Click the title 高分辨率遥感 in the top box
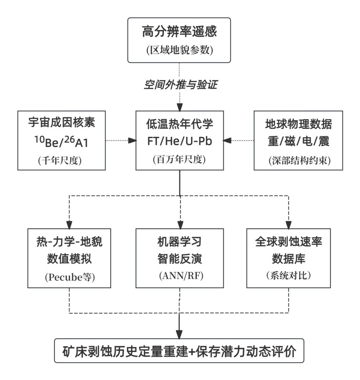(x=179, y=32)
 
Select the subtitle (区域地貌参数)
(x=179, y=50)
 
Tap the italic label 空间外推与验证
(x=180, y=85)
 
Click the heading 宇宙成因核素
(x=61, y=122)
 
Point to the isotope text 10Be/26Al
(x=61, y=142)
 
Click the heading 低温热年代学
(x=179, y=124)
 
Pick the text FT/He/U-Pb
(x=180, y=141)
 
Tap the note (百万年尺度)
(x=179, y=159)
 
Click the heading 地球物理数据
(x=298, y=124)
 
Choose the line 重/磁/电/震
(x=299, y=141)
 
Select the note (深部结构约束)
(x=299, y=160)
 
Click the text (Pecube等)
(x=70, y=277)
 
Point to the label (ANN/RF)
(x=181, y=276)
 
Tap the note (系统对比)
(x=288, y=275)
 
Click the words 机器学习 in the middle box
(x=179, y=242)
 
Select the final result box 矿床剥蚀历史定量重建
(x=179, y=351)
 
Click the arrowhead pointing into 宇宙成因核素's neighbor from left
(x=132, y=140)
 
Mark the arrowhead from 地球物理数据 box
(x=227, y=140)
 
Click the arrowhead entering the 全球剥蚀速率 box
(x=288, y=225)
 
